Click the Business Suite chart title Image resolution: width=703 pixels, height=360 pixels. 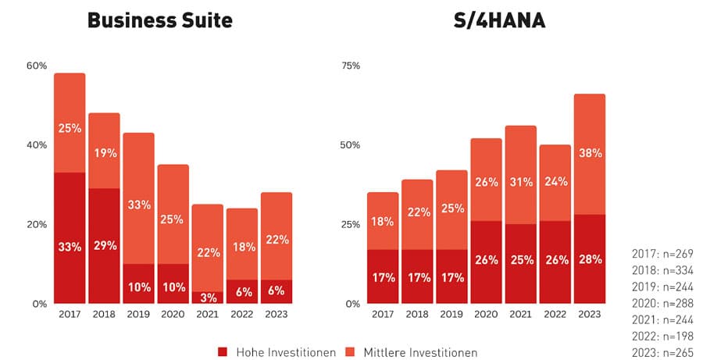point(159,20)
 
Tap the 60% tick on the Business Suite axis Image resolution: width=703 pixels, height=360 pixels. point(37,66)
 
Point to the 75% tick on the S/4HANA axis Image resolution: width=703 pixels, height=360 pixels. point(351,66)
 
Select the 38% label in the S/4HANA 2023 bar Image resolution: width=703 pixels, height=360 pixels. point(590,154)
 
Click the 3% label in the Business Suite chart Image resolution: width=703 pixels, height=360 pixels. point(208,298)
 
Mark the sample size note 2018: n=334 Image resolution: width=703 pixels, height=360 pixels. point(662,270)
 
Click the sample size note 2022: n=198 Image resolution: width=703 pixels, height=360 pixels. point(662,336)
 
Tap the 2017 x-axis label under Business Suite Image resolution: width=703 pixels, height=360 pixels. point(70,314)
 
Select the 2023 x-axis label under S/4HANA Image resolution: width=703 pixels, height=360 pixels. point(590,314)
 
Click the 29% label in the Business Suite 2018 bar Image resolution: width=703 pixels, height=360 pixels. point(104,245)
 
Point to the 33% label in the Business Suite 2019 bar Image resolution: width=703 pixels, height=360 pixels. point(138,206)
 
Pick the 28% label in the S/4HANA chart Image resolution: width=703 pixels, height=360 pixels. point(590,259)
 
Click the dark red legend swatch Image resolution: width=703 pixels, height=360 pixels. point(223,352)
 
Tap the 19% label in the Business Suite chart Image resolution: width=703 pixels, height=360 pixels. point(104,153)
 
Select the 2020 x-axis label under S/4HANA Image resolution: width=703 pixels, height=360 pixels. point(487,314)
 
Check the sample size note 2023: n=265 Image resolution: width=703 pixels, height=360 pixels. point(662,352)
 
